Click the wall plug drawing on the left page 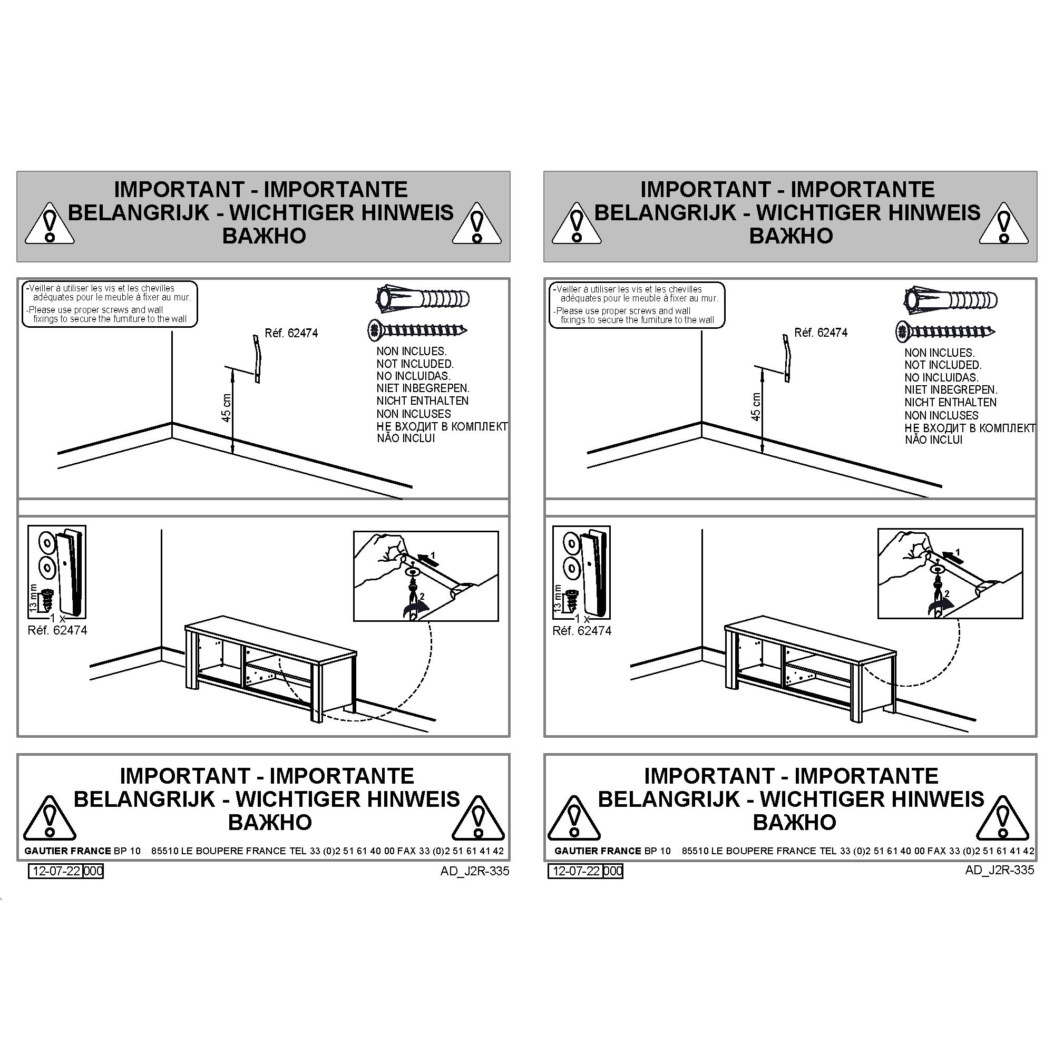coord(423,299)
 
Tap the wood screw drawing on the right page coord(945,331)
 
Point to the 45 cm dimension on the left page coord(227,407)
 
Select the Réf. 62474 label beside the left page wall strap coord(291,333)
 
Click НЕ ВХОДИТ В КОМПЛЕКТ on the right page coord(970,428)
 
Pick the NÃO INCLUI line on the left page coord(406,438)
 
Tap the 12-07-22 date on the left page coord(57,871)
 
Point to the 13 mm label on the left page coord(33,598)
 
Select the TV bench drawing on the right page coord(810,671)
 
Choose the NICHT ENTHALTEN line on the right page coord(950,403)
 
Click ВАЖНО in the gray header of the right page coord(790,236)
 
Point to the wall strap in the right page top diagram coord(786,357)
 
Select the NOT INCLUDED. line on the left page coord(415,364)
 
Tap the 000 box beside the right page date coord(613,871)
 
